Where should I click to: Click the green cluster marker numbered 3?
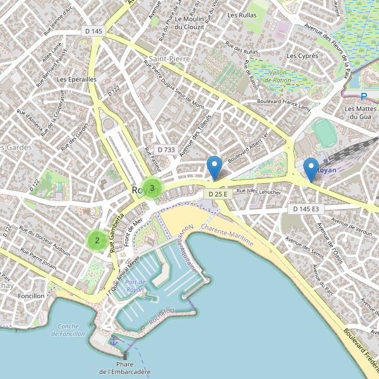[x=152, y=188]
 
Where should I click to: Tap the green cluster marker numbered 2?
[x=97, y=239]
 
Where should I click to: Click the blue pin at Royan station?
[x=311, y=169]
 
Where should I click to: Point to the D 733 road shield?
[x=165, y=150]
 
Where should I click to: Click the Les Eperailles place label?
[x=76, y=80]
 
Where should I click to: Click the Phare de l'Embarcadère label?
[x=125, y=368]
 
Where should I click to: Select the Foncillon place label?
[x=32, y=296]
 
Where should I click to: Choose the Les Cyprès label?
[x=302, y=56]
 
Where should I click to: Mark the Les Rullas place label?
[x=242, y=15]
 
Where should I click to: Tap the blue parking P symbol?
[x=363, y=97]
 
